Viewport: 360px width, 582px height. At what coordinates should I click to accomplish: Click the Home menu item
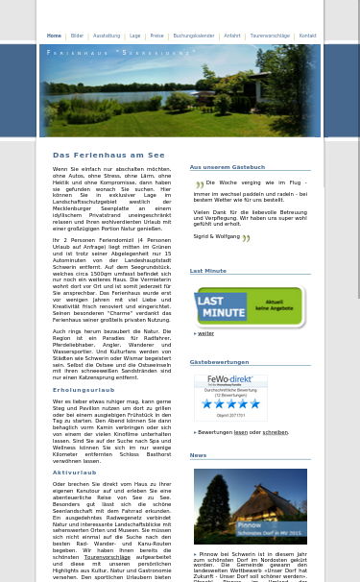pos(54,36)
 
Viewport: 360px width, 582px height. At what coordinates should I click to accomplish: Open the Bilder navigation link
pos(77,36)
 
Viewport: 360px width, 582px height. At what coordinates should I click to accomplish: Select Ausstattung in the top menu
pos(107,36)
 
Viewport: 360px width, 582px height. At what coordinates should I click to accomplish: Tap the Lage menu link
pos(135,36)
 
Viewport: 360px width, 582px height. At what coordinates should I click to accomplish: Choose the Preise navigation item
pos(156,36)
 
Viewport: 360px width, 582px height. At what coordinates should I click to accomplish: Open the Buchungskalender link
pos(194,36)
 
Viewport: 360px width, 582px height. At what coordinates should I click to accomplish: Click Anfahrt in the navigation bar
pos(232,36)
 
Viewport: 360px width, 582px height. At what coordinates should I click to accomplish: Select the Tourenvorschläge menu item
pos(270,36)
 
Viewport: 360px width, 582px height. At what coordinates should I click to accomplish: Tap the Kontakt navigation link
pos(307,36)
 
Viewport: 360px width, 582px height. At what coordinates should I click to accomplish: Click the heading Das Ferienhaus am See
pos(108,155)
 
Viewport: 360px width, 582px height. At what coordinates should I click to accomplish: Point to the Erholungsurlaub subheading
pos(84,390)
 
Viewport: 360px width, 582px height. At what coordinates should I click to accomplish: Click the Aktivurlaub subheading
pos(75,473)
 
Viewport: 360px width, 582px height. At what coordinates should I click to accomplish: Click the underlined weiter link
pos(206,333)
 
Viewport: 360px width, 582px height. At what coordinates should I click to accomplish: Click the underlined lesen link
pos(240,432)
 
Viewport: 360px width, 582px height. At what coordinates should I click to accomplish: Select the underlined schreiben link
pos(275,432)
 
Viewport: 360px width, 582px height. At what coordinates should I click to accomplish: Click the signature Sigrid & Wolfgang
pos(217,236)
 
